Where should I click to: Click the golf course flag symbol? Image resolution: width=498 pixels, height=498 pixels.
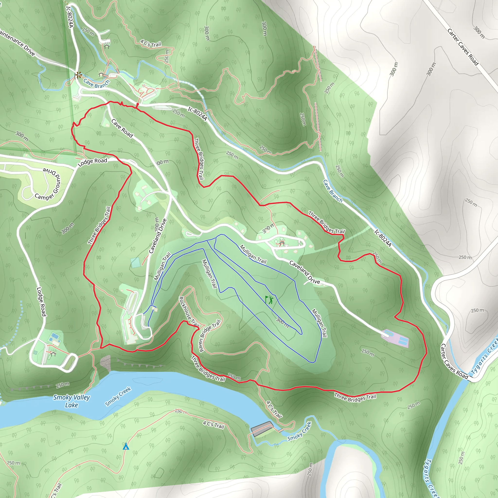(269, 300)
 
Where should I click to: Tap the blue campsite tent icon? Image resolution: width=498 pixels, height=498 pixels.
(126, 446)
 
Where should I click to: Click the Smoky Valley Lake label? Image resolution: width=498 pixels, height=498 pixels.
(71, 401)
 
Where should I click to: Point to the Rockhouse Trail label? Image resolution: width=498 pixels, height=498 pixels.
(189, 312)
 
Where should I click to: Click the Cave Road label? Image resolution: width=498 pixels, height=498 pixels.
(122, 128)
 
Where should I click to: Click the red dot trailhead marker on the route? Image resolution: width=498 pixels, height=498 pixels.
(137, 104)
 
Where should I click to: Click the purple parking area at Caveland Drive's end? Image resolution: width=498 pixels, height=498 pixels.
(395, 338)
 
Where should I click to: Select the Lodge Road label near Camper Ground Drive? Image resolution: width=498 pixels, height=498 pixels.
(92, 162)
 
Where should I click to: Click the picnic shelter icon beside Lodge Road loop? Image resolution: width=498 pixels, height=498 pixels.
(53, 353)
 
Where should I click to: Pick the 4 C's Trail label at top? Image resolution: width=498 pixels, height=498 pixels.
(151, 43)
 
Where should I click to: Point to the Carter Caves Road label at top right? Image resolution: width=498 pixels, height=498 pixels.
(463, 47)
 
